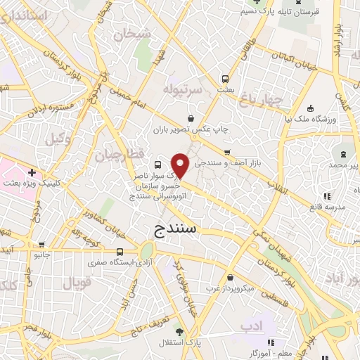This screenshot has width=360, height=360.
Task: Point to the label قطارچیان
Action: (120, 153)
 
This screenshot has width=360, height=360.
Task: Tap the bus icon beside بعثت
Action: (225, 79)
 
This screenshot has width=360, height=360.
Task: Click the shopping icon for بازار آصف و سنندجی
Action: (226, 152)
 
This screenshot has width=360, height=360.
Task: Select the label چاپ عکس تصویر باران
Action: (190, 130)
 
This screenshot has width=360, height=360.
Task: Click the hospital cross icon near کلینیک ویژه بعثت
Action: (31, 172)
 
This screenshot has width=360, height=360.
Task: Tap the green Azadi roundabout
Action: (147, 250)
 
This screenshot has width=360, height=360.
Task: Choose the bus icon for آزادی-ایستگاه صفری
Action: (120, 252)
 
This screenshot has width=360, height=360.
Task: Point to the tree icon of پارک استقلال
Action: (180, 330)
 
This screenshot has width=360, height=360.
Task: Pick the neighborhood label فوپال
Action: (77, 283)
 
